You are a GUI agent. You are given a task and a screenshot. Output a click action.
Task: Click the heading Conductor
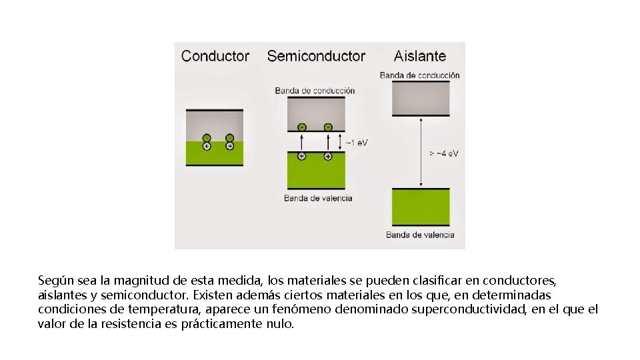click(215, 56)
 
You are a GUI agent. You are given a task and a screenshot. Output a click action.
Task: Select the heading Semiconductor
click(316, 56)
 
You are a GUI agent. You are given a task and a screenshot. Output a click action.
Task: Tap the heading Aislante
click(420, 56)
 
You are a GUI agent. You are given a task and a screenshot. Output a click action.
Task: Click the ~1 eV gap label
click(357, 142)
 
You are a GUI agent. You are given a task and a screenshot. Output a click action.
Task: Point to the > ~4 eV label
click(444, 153)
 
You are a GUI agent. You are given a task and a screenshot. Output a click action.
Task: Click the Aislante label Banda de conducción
click(420, 75)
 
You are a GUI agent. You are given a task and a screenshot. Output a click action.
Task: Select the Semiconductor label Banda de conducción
click(315, 91)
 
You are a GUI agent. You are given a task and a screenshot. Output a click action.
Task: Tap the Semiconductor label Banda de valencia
click(318, 198)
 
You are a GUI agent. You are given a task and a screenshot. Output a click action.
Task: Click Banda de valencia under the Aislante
click(420, 235)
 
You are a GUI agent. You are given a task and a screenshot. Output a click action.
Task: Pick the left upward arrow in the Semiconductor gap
click(301, 141)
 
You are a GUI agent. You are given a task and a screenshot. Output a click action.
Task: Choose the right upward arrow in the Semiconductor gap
click(328, 141)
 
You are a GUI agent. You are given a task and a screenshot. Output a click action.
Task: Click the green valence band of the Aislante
click(420, 207)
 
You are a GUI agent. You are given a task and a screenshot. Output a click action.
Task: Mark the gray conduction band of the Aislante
click(420, 99)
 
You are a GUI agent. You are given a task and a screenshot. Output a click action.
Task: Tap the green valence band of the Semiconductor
click(316, 173)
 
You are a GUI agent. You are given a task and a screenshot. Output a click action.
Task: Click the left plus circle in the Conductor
click(207, 146)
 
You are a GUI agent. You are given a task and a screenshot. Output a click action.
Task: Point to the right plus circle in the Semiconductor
click(328, 156)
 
